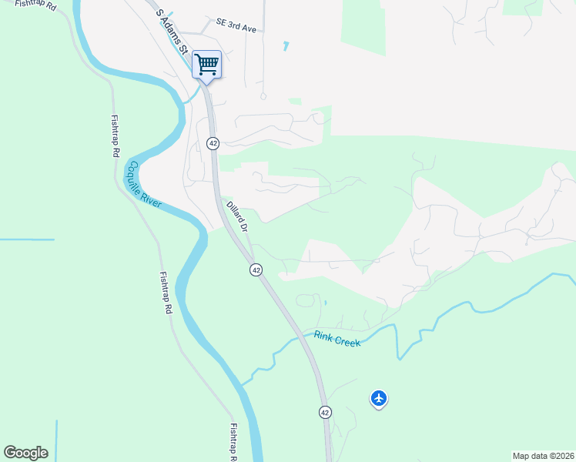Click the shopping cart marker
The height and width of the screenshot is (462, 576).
point(206,65)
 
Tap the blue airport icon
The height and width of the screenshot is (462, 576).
point(378,398)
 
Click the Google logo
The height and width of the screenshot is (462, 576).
point(25,453)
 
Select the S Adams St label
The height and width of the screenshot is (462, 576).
point(172,31)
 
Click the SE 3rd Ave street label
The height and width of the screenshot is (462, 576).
point(236,26)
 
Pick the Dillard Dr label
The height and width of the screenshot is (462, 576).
point(236,216)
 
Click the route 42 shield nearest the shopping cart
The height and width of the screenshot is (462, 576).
point(213,143)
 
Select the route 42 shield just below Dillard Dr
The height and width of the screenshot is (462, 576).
point(256,269)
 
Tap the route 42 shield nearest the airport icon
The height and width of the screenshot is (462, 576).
point(324,412)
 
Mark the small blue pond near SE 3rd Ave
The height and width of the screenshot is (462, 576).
point(286,46)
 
